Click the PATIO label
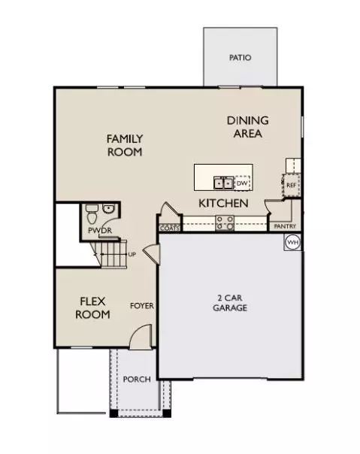[240, 58]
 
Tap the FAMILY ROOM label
[125, 145]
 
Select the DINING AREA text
[248, 127]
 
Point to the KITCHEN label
[223, 203]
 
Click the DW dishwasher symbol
[242, 183]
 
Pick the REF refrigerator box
[291, 185]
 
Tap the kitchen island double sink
[223, 183]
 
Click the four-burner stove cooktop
[225, 223]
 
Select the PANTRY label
[285, 226]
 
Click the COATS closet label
[170, 229]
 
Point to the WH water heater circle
[292, 242]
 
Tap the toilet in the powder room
[92, 213]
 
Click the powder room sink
[109, 208]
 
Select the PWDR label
[100, 231]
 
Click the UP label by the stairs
[132, 255]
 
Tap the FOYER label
[142, 306]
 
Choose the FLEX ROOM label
[92, 307]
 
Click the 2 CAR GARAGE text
[230, 303]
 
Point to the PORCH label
[137, 380]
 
